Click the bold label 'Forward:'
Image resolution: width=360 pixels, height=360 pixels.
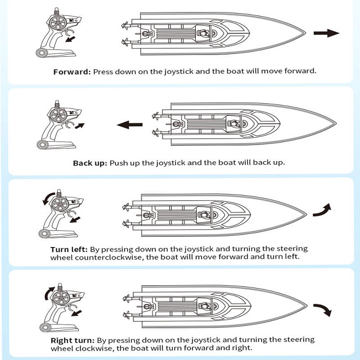point(72,72)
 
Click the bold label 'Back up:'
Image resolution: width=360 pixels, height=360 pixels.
point(90,162)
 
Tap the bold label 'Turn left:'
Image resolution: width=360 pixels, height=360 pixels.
point(70,249)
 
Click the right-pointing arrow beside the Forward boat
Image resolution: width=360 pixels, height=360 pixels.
point(326,33)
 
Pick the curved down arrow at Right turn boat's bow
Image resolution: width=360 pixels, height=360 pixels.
point(322,310)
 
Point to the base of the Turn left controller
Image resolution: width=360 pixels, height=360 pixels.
point(57,234)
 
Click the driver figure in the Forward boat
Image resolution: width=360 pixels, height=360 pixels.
point(203,33)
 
